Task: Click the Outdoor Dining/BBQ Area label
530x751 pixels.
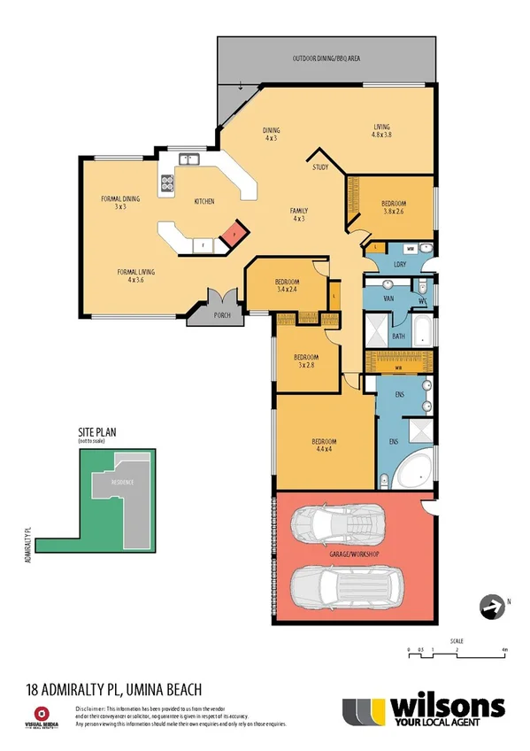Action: pyautogui.click(x=326, y=59)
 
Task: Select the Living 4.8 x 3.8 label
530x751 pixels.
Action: pyautogui.click(x=380, y=132)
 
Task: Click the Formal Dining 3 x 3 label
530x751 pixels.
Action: pyautogui.click(x=120, y=202)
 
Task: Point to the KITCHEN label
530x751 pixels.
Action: pyautogui.click(x=204, y=201)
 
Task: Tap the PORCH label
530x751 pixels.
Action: pyautogui.click(x=209, y=314)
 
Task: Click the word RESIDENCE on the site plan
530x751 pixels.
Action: pyautogui.click(x=123, y=483)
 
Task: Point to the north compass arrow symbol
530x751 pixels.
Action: pyautogui.click(x=490, y=606)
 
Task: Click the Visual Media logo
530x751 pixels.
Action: pyautogui.click(x=39, y=716)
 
